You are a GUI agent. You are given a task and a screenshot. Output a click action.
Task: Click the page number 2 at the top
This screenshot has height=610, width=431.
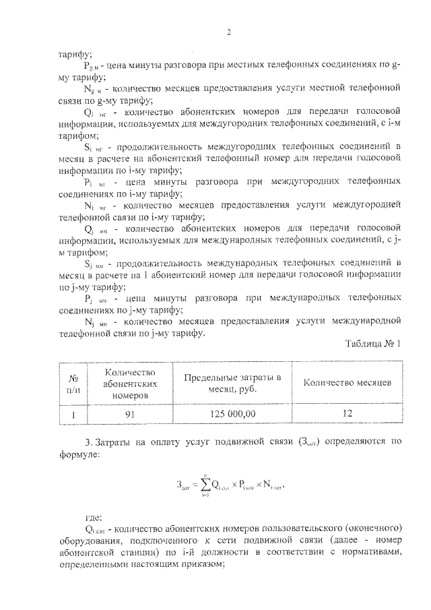(x=229, y=32)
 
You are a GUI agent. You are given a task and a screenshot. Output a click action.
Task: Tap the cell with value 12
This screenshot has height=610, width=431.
(x=347, y=414)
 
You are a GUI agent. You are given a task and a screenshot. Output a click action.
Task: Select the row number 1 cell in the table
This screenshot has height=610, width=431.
(x=70, y=414)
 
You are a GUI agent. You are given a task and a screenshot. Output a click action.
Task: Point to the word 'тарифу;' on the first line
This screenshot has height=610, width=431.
(x=75, y=54)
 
